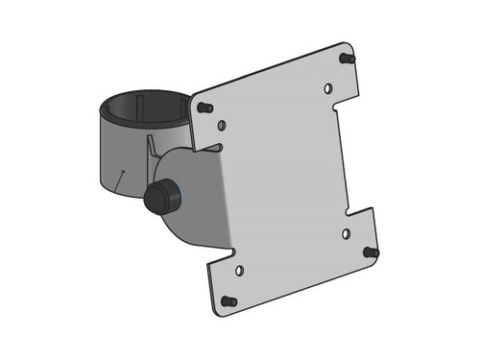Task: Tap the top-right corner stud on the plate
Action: [x=347, y=59]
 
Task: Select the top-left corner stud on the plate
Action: [x=204, y=108]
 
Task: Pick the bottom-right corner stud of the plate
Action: [x=370, y=252]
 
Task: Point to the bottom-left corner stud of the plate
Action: [x=228, y=301]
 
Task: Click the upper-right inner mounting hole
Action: [x=327, y=88]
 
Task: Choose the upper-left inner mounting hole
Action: [x=223, y=125]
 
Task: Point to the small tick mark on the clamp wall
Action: [x=121, y=177]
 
